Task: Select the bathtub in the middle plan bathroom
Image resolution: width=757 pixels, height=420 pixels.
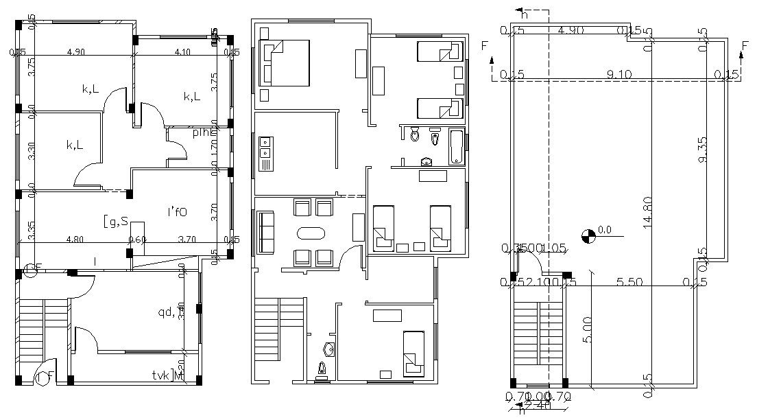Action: pos(457,146)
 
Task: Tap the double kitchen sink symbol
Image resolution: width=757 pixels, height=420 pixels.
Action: pos(264,154)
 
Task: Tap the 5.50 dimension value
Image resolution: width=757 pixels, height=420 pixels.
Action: pos(629,281)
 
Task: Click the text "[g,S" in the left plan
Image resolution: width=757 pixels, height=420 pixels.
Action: pos(115,221)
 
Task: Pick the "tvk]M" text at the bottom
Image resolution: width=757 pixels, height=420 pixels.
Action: pos(168,375)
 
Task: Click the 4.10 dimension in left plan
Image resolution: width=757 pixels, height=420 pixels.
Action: pos(182,51)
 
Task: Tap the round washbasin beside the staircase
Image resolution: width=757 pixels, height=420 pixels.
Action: pos(329,349)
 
